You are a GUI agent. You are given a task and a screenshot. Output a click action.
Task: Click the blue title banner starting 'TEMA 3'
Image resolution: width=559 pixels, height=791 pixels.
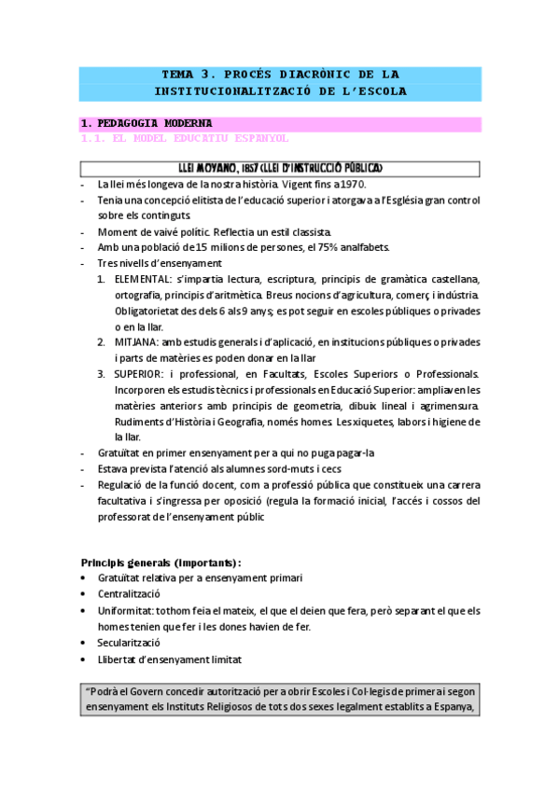tap(280, 83)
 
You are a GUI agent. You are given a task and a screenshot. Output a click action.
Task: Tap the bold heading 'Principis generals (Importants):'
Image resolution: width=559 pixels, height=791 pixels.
tap(161, 562)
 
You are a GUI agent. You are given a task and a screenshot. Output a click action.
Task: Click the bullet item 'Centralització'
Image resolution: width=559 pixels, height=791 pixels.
tap(129, 594)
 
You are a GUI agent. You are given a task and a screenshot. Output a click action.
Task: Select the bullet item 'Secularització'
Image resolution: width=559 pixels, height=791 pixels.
tap(129, 643)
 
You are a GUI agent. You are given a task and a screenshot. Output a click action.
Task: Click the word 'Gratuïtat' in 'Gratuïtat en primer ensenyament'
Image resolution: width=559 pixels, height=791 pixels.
tap(119, 453)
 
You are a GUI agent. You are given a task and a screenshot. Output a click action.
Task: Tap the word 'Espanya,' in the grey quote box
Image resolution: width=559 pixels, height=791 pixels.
tap(455, 706)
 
